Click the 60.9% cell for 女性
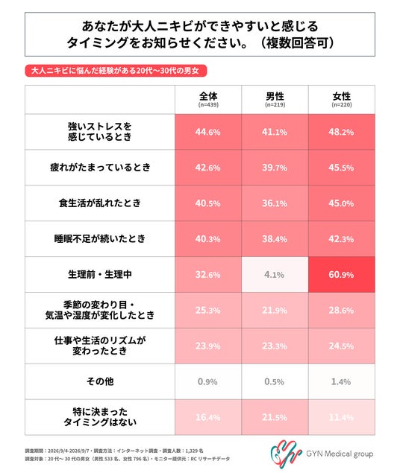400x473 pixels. (x=341, y=275)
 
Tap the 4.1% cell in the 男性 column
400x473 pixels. (x=275, y=275)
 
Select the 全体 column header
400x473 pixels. (x=208, y=100)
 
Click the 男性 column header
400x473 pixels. (x=275, y=100)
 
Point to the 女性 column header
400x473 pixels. (x=342, y=100)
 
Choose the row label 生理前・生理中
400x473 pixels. (x=100, y=275)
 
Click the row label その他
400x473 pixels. (x=100, y=381)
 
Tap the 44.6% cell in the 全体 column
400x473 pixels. (x=208, y=132)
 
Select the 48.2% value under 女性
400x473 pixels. (x=341, y=132)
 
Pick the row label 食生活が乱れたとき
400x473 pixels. (x=100, y=203)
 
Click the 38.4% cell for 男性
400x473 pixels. (x=275, y=239)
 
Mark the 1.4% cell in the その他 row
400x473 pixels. (x=341, y=381)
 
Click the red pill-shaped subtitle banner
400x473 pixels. (x=116, y=71)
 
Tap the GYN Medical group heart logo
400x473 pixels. (x=286, y=454)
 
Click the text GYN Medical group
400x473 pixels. (x=340, y=454)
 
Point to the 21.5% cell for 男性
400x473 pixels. (x=275, y=417)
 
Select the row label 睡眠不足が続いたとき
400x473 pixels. (x=100, y=238)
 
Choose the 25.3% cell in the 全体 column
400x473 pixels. (x=208, y=310)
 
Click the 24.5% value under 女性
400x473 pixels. (x=341, y=346)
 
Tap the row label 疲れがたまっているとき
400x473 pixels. (x=100, y=168)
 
